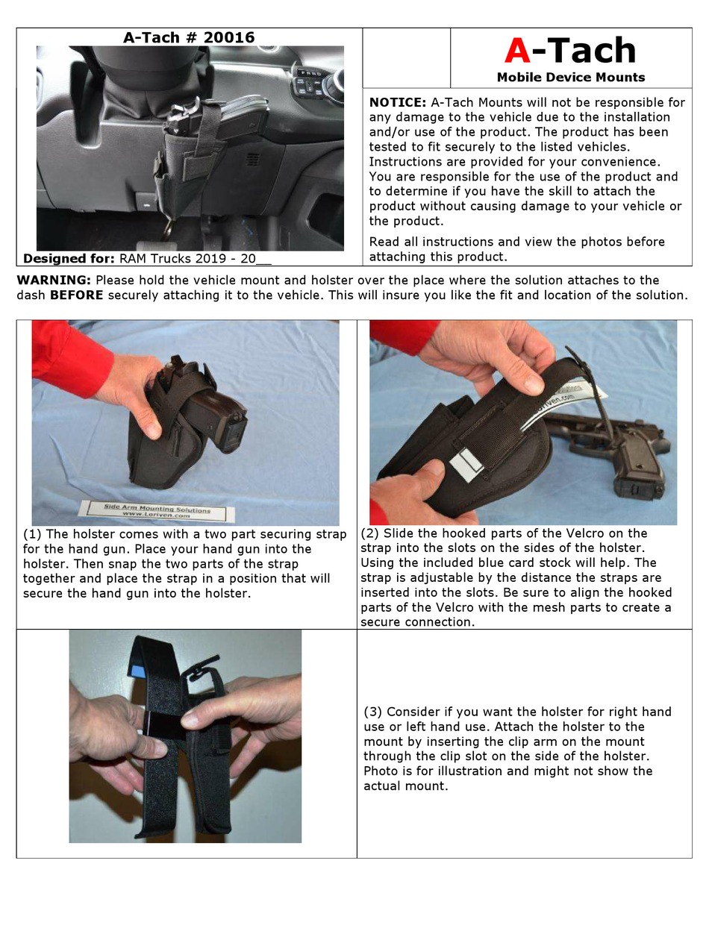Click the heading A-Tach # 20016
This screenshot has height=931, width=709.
tap(189, 37)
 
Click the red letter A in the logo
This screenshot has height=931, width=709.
tap(517, 51)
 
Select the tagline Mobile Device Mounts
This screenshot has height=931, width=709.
tap(570, 77)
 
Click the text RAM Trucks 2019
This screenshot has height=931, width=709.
tap(169, 259)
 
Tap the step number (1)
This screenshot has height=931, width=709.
tap(32, 534)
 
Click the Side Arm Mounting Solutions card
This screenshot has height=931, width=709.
tap(156, 511)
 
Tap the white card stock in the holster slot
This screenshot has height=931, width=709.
tap(463, 465)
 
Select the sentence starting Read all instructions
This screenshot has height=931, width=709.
tap(516, 249)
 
